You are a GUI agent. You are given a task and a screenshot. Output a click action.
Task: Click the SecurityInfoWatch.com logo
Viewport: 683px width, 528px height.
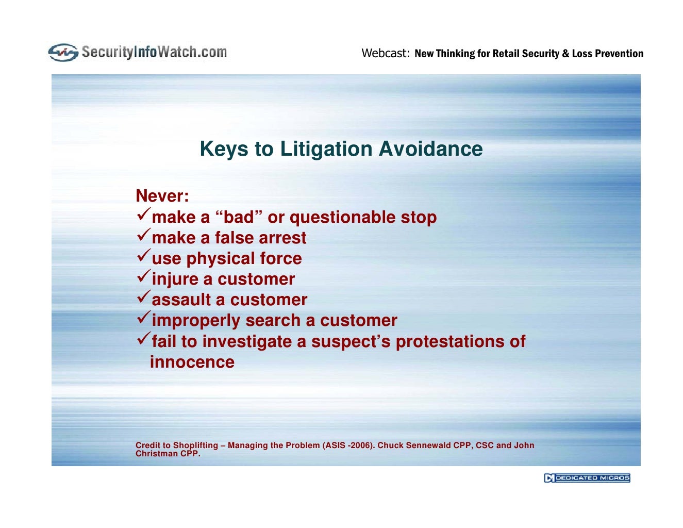(x=138, y=52)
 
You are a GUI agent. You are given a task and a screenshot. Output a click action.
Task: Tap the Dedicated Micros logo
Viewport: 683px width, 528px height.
(x=587, y=478)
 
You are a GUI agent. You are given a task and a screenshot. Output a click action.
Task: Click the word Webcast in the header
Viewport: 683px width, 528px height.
(x=385, y=53)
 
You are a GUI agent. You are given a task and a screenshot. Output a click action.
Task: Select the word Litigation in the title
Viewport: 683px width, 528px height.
(x=326, y=149)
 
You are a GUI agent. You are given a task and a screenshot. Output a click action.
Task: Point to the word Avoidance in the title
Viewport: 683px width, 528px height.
(x=430, y=149)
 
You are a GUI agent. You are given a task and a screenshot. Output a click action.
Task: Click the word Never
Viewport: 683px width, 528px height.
(x=162, y=196)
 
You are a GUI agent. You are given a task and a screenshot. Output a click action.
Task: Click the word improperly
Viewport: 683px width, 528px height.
(x=196, y=321)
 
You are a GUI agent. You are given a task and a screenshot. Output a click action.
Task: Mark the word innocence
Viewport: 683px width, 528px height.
(x=192, y=362)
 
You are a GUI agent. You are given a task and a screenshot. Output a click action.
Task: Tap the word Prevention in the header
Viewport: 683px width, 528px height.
(x=619, y=54)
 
